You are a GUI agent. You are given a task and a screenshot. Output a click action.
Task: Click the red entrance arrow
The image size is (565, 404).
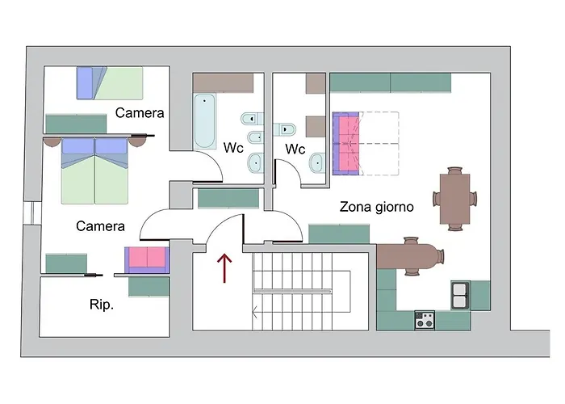click(x=224, y=268)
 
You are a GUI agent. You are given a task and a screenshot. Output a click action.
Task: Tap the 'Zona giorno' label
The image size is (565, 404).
click(x=377, y=207)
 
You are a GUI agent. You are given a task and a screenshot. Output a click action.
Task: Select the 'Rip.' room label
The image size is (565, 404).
click(x=101, y=305)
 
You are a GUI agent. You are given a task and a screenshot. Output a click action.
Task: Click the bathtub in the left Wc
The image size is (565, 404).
click(x=204, y=121)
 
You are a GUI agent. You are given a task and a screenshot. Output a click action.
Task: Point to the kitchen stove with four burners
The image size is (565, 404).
click(x=425, y=320)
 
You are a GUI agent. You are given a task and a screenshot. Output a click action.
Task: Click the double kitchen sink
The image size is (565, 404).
click(x=460, y=296)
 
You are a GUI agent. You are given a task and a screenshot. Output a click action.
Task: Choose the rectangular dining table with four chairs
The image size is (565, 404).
click(x=455, y=199)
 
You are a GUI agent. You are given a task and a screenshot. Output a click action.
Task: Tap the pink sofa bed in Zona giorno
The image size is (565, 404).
click(x=346, y=144)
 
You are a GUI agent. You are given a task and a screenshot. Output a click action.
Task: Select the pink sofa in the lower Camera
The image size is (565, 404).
click(x=147, y=259)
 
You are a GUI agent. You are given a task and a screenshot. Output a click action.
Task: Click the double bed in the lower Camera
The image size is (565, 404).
click(x=94, y=170)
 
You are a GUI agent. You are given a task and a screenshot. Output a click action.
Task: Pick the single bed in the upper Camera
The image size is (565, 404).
click(x=110, y=83)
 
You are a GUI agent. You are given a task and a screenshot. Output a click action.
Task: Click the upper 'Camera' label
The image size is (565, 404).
click(x=140, y=113)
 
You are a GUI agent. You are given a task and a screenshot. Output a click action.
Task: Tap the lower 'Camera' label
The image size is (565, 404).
click(x=100, y=226)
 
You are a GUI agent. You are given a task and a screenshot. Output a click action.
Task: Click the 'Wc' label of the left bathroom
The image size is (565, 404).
click(x=233, y=148)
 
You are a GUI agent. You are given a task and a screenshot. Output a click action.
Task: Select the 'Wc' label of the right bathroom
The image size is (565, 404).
click(x=295, y=149)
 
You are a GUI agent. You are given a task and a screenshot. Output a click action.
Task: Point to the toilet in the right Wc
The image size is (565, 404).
click(x=285, y=129)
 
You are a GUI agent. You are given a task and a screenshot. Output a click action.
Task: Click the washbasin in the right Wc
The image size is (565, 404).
click(x=317, y=163)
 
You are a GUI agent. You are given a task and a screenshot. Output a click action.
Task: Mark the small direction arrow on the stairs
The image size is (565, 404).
click(x=255, y=312)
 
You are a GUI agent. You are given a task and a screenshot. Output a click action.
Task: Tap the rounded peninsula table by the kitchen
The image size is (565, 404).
click(x=410, y=256)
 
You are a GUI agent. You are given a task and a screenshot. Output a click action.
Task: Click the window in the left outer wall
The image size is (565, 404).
click(x=33, y=213)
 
